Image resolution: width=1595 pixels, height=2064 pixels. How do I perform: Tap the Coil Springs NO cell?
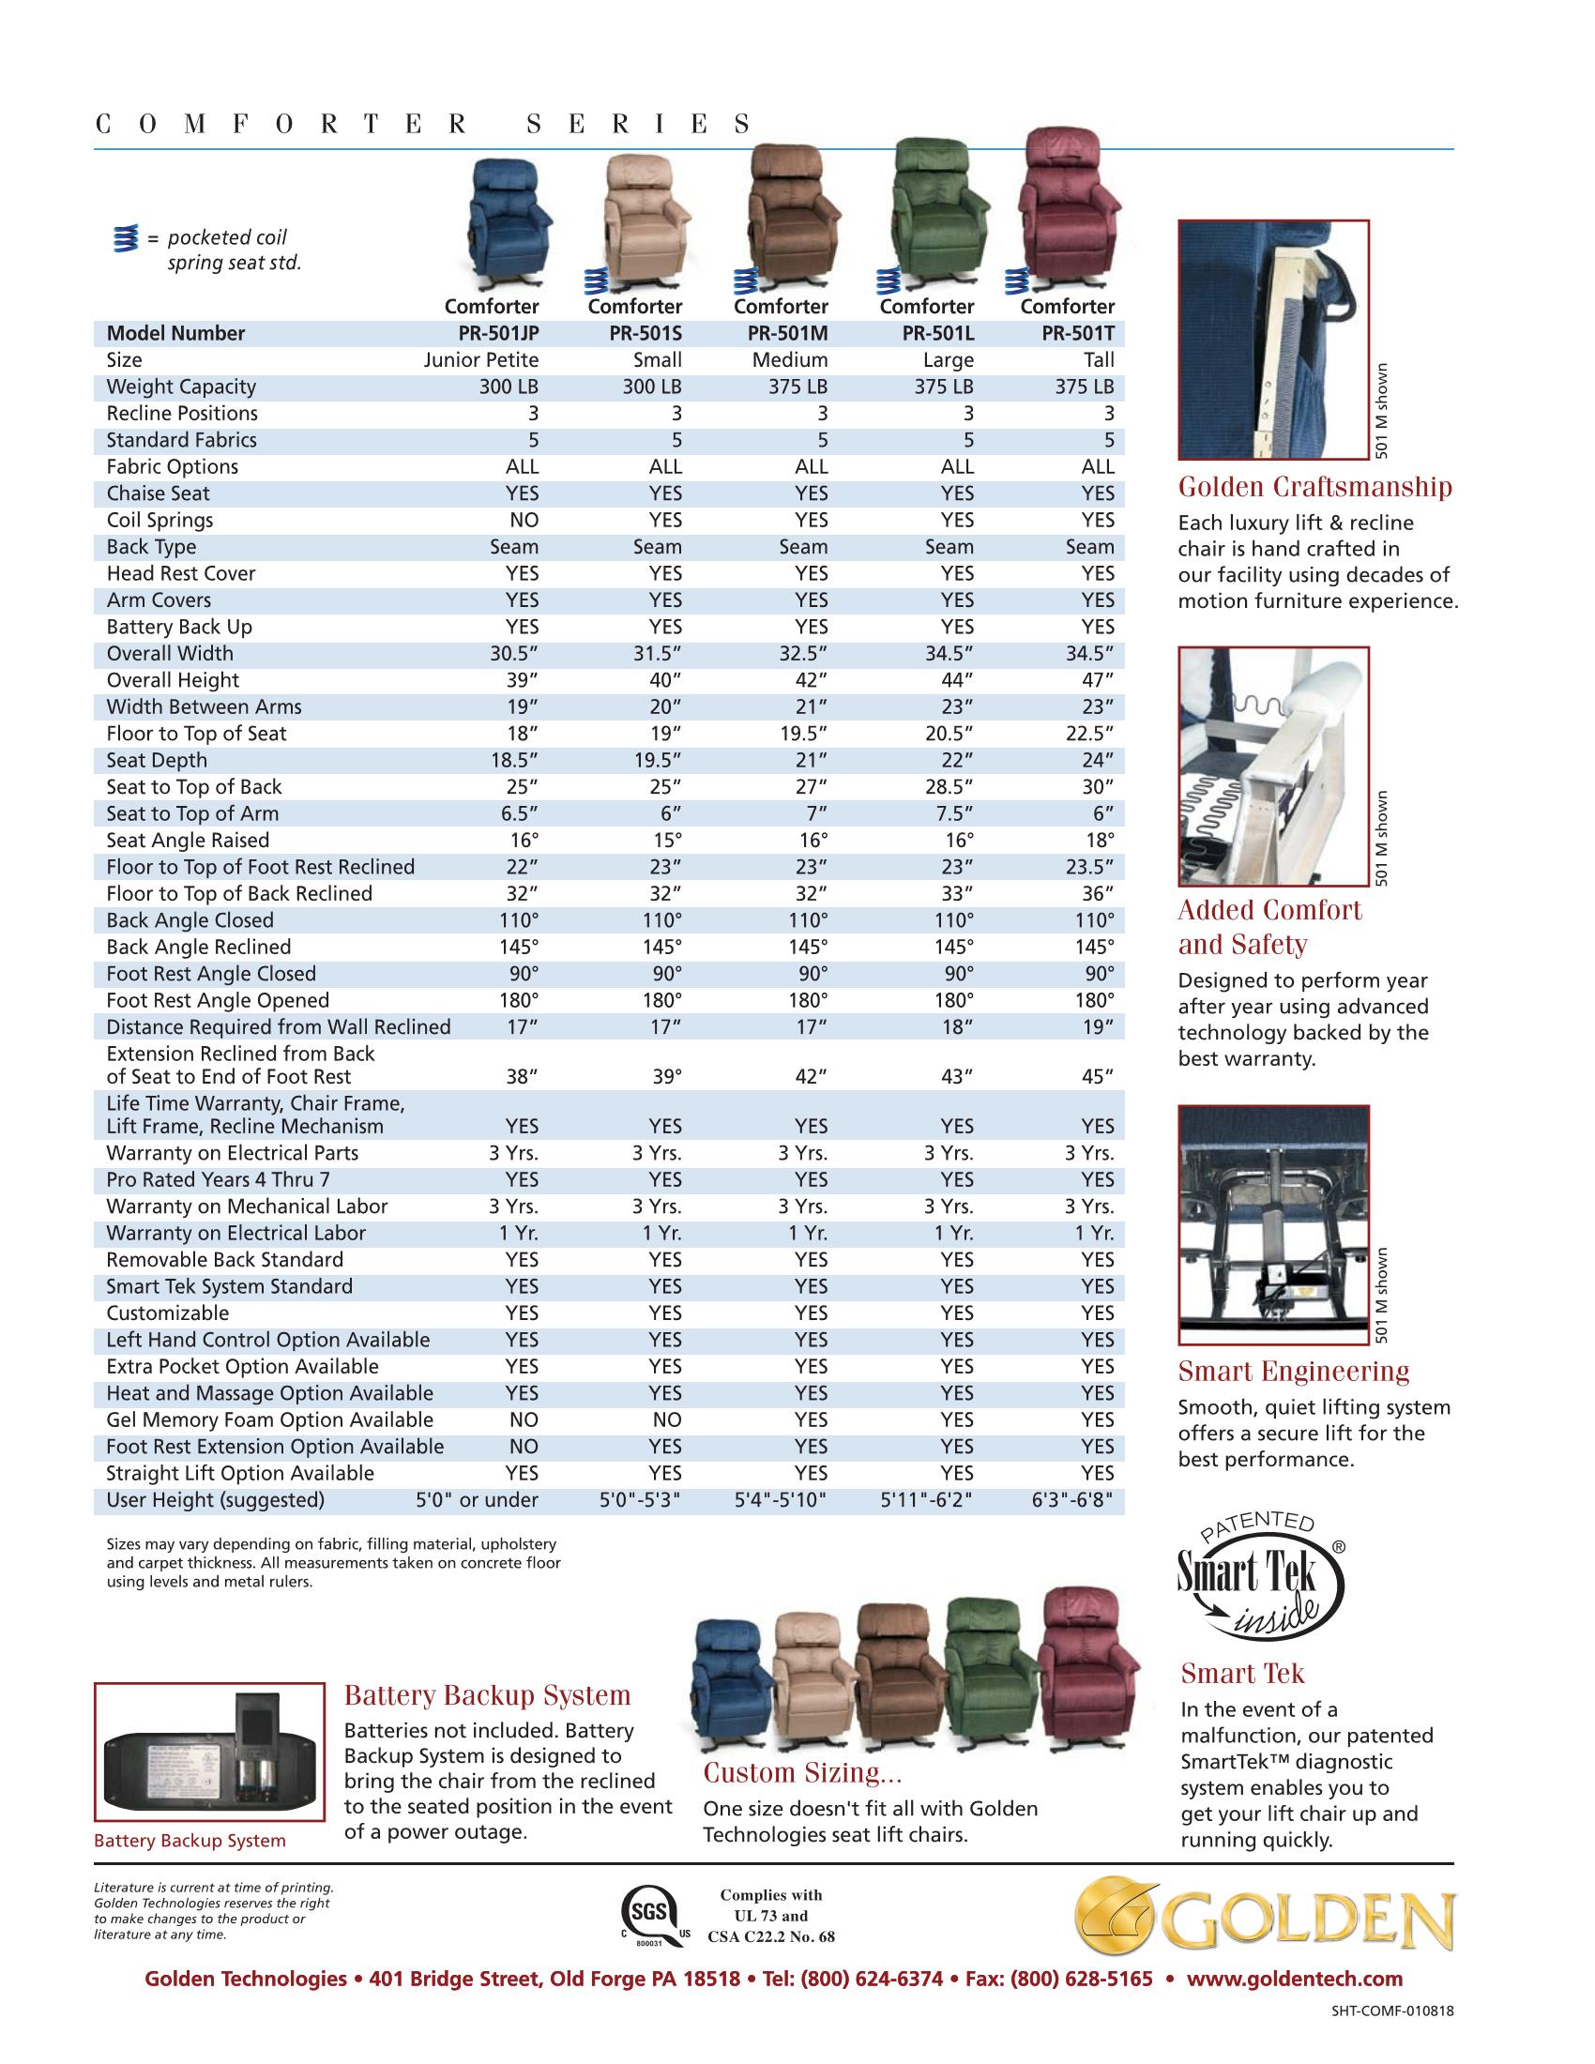pos(524,520)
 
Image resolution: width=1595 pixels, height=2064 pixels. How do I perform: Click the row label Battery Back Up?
pos(178,628)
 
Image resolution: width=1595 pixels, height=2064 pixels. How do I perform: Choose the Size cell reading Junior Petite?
pos(481,360)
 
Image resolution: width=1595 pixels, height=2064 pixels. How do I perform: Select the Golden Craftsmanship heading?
pos(1314,488)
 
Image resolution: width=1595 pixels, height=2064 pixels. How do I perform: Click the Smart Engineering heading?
pos(1293,1372)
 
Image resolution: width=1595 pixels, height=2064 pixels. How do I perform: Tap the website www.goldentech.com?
pos(1294,1979)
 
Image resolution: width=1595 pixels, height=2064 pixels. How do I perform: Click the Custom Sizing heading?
pos(802,1774)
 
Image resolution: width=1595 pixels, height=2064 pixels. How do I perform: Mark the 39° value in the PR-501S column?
pos(666,1076)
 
